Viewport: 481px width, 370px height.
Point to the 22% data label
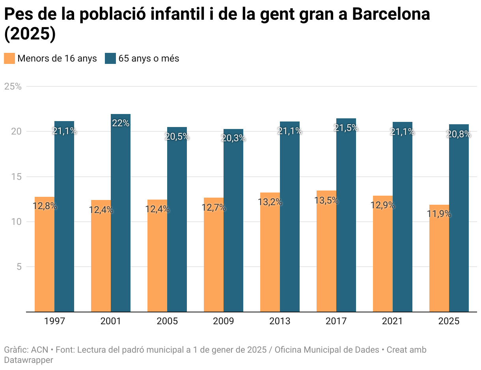[121, 123]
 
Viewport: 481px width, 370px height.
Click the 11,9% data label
[439, 214]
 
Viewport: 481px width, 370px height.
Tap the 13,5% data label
[326, 200]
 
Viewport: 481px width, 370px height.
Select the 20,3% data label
[233, 138]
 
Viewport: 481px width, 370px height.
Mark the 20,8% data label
[459, 134]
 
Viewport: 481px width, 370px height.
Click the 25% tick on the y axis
[13, 86]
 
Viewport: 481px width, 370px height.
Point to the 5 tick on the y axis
[18, 267]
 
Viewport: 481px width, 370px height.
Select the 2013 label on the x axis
[280, 321]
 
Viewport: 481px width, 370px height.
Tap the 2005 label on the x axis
[167, 321]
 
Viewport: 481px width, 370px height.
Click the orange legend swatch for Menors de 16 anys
[9, 58]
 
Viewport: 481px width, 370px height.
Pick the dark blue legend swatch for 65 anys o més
[110, 58]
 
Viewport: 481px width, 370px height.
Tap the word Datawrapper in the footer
[28, 360]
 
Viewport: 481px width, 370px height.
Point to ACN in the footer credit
[39, 350]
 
